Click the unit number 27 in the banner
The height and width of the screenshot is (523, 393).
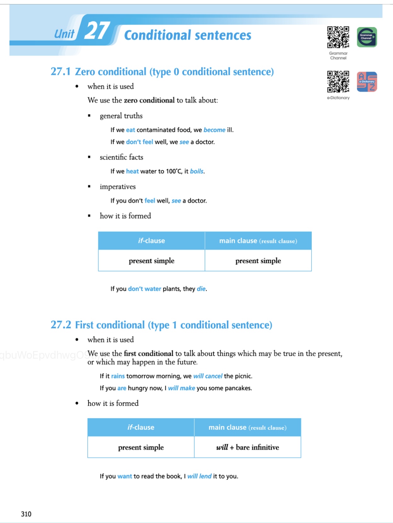[x=97, y=31]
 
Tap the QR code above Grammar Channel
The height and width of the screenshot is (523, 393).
[x=338, y=37]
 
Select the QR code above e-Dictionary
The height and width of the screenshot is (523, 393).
[x=338, y=81]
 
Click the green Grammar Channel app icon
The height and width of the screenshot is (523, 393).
[x=367, y=37]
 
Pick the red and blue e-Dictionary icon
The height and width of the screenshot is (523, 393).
[x=367, y=82]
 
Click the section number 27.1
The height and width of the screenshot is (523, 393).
[x=61, y=72]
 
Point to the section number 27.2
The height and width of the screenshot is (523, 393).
[x=61, y=325]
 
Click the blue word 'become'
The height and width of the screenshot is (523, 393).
[x=214, y=130]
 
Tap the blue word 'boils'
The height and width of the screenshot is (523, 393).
[x=197, y=171]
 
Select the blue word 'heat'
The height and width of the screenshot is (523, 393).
[x=132, y=171]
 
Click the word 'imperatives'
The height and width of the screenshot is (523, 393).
[x=118, y=187]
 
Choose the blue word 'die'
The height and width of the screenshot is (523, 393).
[x=201, y=289]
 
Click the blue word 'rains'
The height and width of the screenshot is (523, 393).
[x=118, y=376]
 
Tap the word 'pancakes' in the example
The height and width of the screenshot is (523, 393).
[x=240, y=388]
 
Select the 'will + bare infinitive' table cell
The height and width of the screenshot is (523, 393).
[x=247, y=447]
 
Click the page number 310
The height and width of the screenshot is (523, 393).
[x=26, y=514]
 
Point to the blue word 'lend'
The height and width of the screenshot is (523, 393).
[x=205, y=476]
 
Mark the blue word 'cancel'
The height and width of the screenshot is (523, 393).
[x=214, y=376]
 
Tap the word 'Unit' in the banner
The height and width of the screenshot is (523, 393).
[x=64, y=34]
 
